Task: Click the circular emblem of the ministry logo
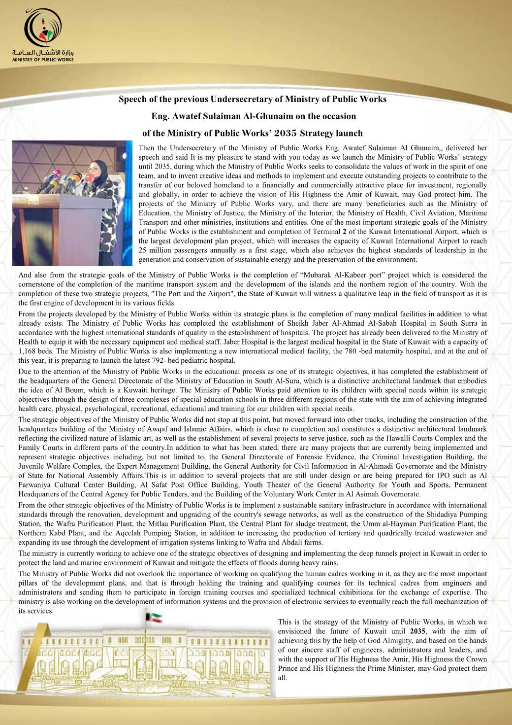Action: tap(43, 29)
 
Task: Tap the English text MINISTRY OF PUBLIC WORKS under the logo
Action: tap(43, 59)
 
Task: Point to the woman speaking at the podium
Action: tap(98, 192)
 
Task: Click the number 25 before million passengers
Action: tap(143, 250)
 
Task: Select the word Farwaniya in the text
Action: tap(39, 485)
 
